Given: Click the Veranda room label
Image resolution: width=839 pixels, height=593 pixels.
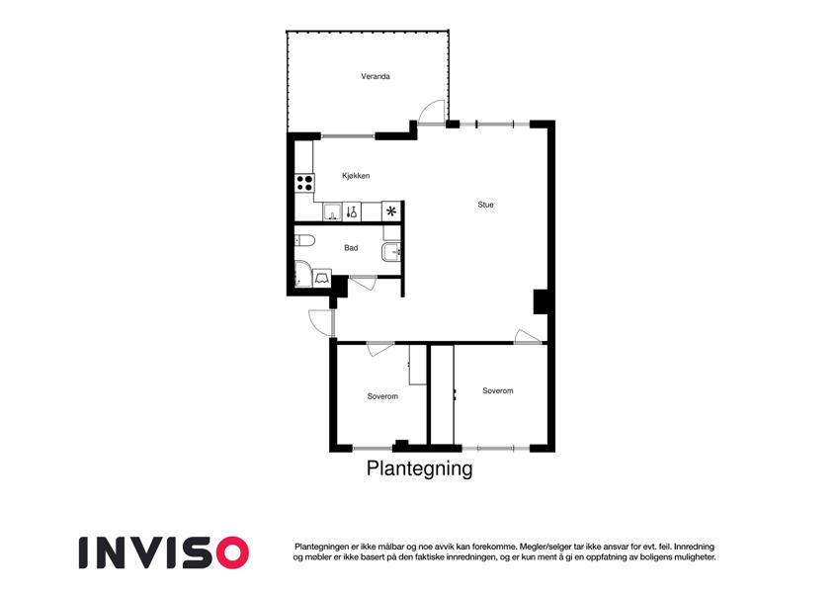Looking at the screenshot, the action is pyautogui.click(x=376, y=76).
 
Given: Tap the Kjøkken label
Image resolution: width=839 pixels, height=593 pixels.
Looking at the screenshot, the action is pyautogui.click(x=356, y=176).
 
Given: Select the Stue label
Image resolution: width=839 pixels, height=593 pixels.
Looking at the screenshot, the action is pyautogui.click(x=485, y=205).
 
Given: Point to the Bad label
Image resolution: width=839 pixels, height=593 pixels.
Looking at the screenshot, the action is pyautogui.click(x=351, y=248).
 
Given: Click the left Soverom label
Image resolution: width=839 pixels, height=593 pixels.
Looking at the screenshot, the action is pyautogui.click(x=382, y=396).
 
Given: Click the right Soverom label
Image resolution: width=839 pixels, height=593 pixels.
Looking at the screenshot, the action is pyautogui.click(x=498, y=390).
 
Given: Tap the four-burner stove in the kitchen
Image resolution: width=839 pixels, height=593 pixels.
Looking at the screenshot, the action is pyautogui.click(x=305, y=183).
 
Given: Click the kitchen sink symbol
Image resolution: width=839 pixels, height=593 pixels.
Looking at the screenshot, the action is pyautogui.click(x=332, y=212).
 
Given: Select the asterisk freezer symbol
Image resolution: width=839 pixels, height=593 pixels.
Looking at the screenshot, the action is pyautogui.click(x=391, y=212).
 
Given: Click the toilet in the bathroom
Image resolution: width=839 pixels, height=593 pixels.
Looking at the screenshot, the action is pyautogui.click(x=304, y=240).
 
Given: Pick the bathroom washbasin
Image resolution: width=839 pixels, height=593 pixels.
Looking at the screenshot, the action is pyautogui.click(x=391, y=252).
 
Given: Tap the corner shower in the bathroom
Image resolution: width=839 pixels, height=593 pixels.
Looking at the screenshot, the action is pyautogui.click(x=302, y=275).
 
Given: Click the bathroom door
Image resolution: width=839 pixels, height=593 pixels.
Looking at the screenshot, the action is pyautogui.click(x=363, y=283).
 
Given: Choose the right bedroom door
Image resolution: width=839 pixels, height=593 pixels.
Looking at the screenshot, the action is pyautogui.click(x=527, y=336).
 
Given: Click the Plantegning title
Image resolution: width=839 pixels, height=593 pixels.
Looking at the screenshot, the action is pyautogui.click(x=419, y=468).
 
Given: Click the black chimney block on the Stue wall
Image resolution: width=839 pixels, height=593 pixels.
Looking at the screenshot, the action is pyautogui.click(x=541, y=301).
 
